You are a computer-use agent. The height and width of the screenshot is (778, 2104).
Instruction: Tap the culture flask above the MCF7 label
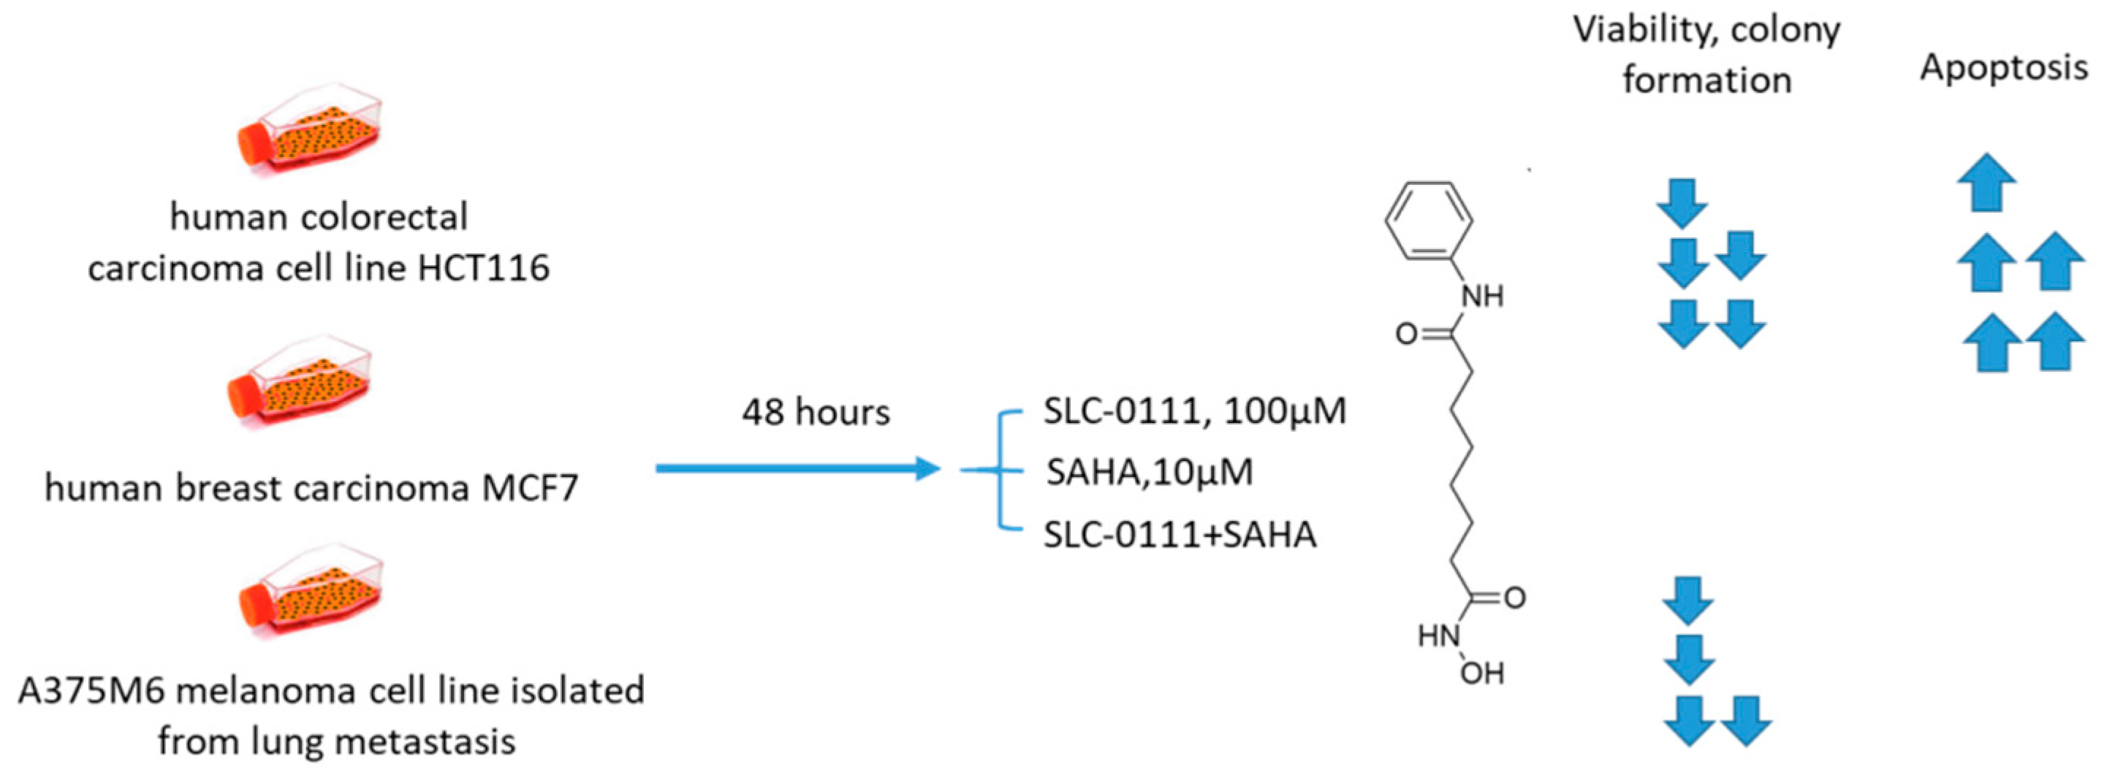(300, 383)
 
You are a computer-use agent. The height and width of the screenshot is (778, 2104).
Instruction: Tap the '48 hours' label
(815, 412)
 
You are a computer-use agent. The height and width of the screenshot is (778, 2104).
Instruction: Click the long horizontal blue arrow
(797, 468)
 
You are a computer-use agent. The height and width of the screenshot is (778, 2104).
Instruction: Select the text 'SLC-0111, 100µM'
(1194, 411)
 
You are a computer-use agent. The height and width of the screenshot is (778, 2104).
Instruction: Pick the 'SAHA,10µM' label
(1149, 473)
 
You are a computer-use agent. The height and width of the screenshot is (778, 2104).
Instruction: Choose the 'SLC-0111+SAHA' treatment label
(1180, 535)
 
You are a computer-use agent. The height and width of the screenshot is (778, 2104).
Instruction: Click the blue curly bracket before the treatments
(998, 470)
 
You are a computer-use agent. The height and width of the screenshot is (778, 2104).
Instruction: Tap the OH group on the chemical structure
(1481, 674)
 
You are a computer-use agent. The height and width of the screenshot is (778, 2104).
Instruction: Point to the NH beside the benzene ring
(1482, 296)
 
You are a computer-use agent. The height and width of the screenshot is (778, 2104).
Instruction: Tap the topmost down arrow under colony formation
(1682, 203)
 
